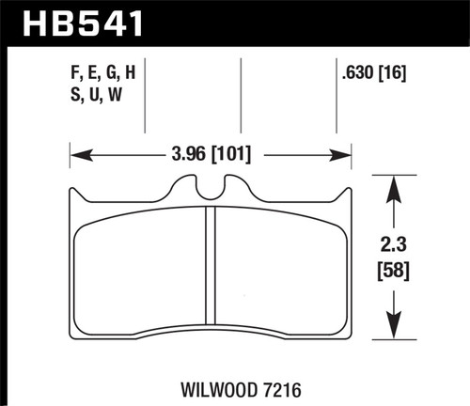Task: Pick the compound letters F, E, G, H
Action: (x=104, y=69)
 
